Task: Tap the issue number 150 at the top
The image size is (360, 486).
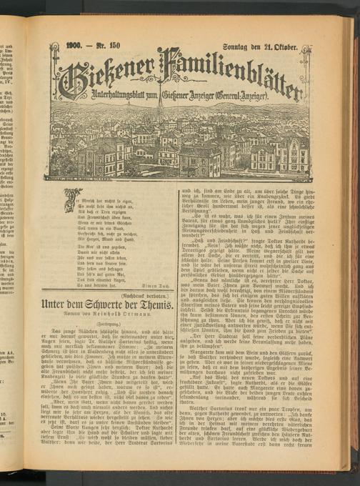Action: (x=119, y=47)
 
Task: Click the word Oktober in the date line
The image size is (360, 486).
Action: (x=293, y=47)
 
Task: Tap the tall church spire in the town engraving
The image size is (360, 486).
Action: (x=159, y=118)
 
